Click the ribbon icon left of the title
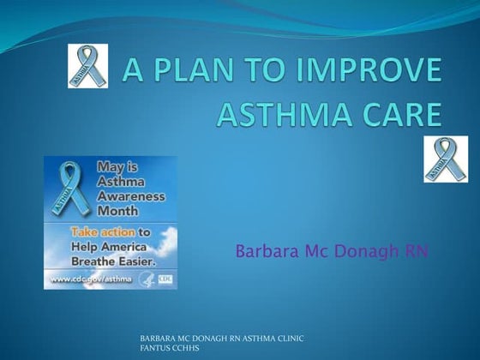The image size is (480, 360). pyautogui.click(x=88, y=67)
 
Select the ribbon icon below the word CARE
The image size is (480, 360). pyautogui.click(x=446, y=159)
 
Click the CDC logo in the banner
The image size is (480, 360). pyautogui.click(x=165, y=279)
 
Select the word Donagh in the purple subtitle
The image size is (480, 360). pyautogui.click(x=369, y=252)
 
